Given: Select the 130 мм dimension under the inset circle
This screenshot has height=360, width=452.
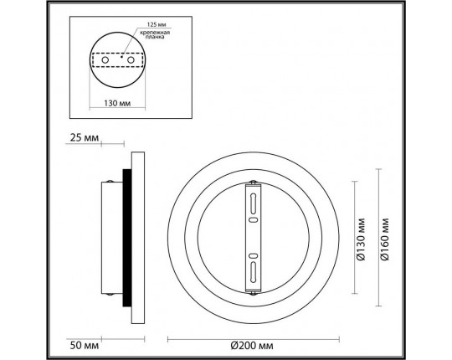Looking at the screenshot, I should [x=118, y=105].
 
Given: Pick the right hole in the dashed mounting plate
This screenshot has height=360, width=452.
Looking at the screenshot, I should [x=135, y=61].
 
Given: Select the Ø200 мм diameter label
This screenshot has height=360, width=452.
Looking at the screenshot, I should [x=254, y=343].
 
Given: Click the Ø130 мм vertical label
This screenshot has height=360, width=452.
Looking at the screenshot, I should [x=360, y=239].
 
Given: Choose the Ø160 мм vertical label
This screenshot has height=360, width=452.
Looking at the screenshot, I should [x=386, y=239].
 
